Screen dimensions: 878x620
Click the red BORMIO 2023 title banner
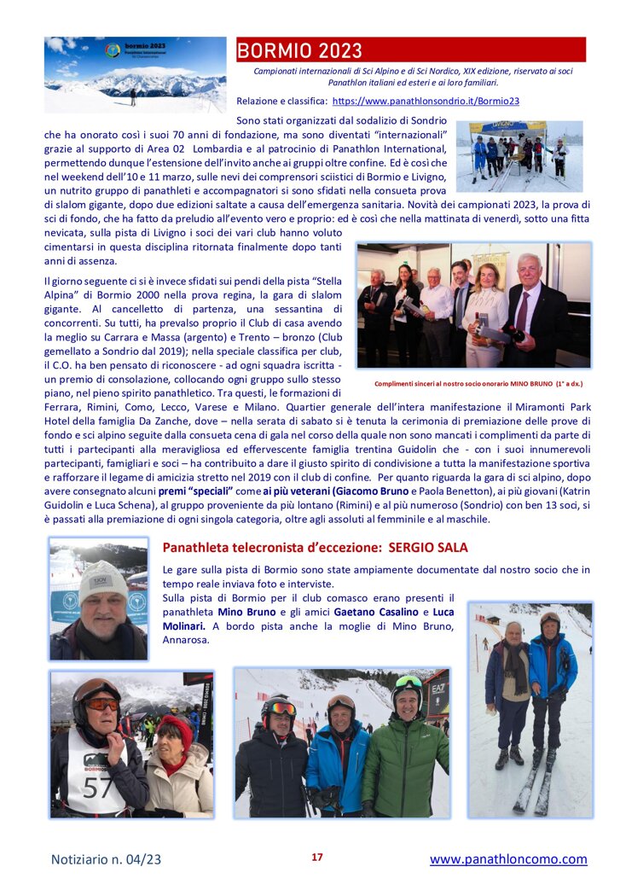click(x=410, y=50)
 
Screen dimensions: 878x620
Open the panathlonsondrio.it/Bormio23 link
click(x=426, y=101)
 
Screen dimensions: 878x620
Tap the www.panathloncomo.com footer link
click(x=508, y=858)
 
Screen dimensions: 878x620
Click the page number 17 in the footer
click(x=316, y=857)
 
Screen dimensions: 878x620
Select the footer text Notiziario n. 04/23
click(x=107, y=858)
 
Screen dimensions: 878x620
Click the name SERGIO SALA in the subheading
click(x=429, y=547)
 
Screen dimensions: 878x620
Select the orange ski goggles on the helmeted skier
click(x=101, y=704)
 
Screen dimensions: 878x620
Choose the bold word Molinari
click(x=186, y=625)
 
